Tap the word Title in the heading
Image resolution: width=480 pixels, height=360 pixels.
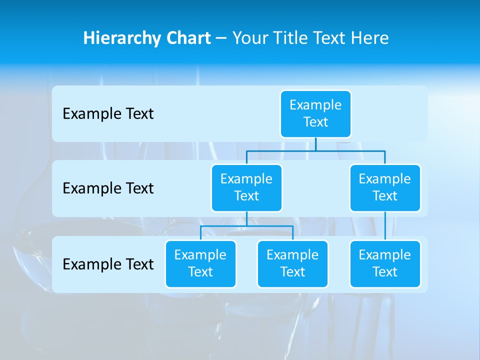click(x=293, y=38)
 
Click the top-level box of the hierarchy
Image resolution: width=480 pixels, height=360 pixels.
click(x=315, y=114)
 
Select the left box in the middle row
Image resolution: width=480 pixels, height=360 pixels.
click(x=246, y=187)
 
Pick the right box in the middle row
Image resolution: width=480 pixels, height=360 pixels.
click(x=385, y=187)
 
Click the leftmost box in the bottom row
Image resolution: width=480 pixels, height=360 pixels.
click(x=200, y=264)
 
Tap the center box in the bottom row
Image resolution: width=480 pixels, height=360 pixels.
click(x=292, y=264)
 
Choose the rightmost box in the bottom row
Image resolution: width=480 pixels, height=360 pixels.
click(x=385, y=264)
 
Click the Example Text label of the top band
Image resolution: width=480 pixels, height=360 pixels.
click(x=108, y=114)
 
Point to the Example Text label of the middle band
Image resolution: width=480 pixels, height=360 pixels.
click(x=108, y=188)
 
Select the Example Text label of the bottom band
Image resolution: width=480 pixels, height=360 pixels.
click(x=108, y=264)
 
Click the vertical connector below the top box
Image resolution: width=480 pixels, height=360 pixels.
click(x=315, y=144)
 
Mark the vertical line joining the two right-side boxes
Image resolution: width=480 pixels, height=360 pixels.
click(x=385, y=226)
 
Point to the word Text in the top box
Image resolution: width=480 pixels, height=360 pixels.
click(x=315, y=122)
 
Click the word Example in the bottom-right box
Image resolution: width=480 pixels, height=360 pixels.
click(x=385, y=255)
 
